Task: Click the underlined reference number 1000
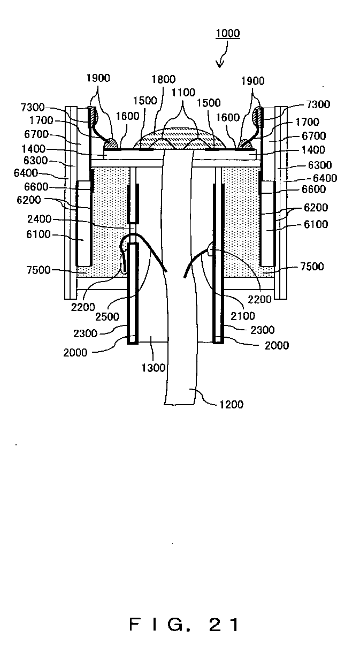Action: (228, 33)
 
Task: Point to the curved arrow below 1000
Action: (223, 55)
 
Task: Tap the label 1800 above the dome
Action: (164, 79)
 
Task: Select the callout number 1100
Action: (183, 93)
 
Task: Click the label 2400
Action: (40, 219)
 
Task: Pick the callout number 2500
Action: (107, 316)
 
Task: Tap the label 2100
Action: (243, 316)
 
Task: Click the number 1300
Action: (154, 368)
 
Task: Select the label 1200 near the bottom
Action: (232, 405)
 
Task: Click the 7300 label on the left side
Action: (33, 108)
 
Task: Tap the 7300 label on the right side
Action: (318, 104)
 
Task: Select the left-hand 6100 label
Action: (39, 234)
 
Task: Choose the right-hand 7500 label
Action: (312, 267)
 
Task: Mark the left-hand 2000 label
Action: (75, 352)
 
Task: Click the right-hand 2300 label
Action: (263, 330)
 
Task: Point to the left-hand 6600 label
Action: (36, 187)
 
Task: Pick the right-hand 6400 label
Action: (325, 178)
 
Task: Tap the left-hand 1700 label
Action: (41, 120)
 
